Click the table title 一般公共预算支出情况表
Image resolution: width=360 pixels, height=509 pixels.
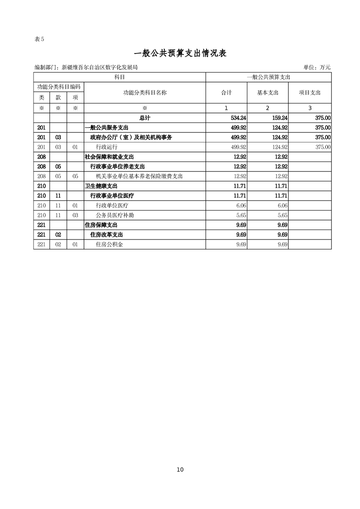click(180, 54)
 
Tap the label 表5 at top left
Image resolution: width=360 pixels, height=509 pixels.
click(39, 39)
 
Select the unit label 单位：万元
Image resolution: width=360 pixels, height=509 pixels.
click(317, 68)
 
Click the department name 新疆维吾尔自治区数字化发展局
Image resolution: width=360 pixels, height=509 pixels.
click(100, 68)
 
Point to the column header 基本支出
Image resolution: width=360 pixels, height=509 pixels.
click(267, 93)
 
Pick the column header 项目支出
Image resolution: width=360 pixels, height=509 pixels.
click(310, 93)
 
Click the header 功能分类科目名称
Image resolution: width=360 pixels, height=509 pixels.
click(145, 93)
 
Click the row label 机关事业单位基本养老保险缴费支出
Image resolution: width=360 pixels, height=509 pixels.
click(139, 176)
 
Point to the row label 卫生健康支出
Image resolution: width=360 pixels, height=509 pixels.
click(101, 186)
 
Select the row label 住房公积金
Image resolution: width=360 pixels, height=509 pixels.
click(109, 245)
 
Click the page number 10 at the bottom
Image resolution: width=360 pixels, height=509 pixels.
click(180, 470)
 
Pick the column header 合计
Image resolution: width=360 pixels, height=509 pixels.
click(226, 93)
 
